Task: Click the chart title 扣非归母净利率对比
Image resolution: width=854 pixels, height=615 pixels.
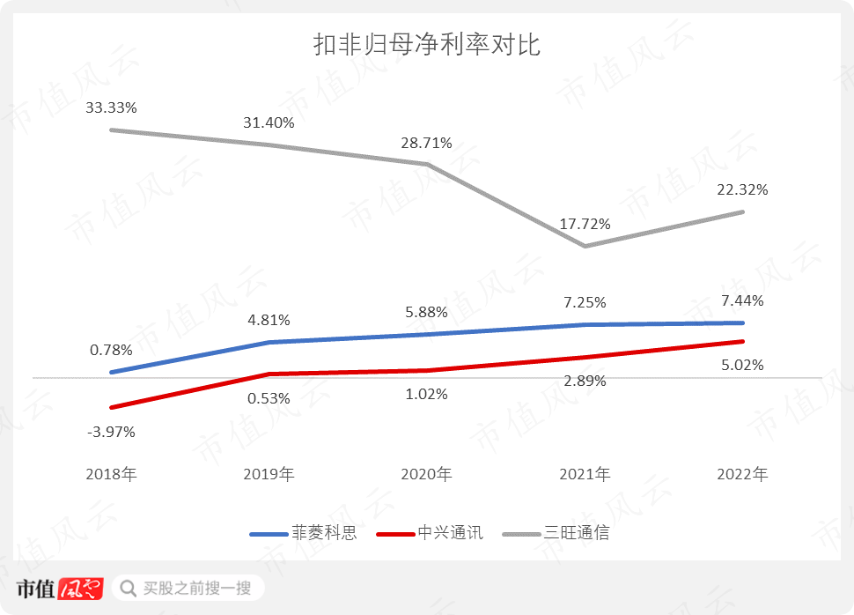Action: [427, 45]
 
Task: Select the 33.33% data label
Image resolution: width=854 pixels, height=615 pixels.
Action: [111, 107]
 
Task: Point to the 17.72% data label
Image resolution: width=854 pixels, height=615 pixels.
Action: [585, 225]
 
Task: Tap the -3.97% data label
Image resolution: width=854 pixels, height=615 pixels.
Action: [111, 432]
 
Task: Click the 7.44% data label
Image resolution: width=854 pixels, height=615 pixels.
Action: [742, 300]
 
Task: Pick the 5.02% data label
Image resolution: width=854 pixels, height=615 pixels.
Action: [742, 365]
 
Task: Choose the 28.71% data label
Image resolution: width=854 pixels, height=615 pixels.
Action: [426, 143]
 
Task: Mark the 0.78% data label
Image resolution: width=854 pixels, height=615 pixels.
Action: [111, 350]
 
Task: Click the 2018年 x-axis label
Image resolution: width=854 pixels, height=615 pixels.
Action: [111, 475]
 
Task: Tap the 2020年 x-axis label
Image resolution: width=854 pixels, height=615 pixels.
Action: [426, 475]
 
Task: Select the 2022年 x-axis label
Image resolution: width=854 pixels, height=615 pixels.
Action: [742, 475]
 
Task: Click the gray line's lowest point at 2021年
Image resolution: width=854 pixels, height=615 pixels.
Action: [585, 246]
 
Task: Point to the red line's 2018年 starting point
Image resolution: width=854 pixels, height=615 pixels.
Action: [111, 407]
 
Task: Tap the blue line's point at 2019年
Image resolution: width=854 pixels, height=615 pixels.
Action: [269, 342]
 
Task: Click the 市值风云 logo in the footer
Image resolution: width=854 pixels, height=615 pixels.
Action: [60, 588]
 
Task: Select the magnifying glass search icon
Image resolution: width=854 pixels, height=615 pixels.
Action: [129, 588]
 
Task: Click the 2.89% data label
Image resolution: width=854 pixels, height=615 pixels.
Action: [585, 381]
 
